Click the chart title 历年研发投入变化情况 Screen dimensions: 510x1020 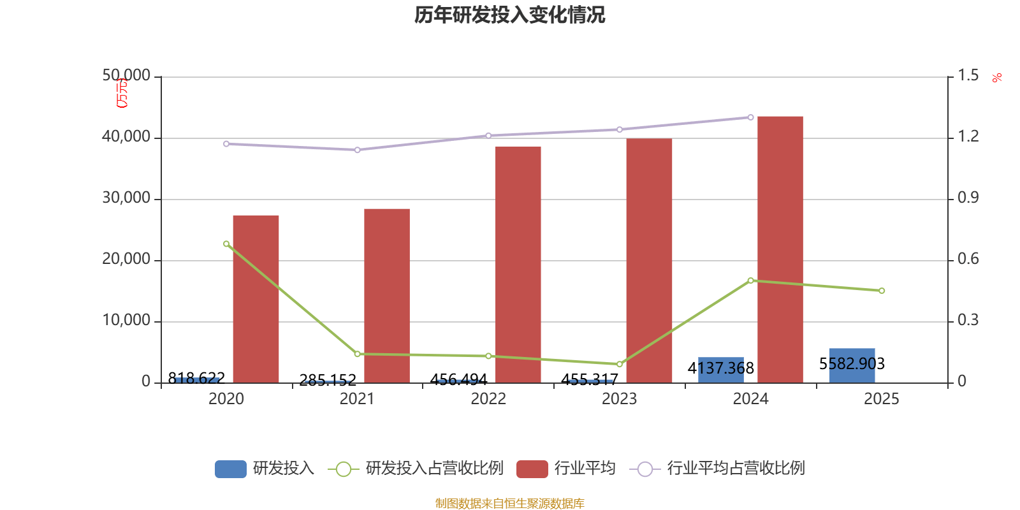point(509,15)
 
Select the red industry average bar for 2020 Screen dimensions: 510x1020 point(256,299)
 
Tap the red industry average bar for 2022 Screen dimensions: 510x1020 point(518,265)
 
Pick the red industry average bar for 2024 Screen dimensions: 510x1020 point(780,249)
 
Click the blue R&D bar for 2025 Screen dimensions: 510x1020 point(852,365)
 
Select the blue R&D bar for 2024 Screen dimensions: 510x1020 point(721,370)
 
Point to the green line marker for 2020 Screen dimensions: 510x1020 point(226,244)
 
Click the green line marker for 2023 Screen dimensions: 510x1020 point(620,364)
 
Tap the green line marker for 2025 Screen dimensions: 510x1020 point(882,291)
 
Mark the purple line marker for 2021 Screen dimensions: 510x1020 point(357,150)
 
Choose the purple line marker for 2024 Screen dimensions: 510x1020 point(750,117)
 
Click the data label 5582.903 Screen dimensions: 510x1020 point(852,363)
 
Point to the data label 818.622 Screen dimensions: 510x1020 point(196,378)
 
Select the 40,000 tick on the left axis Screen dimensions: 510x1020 point(126,137)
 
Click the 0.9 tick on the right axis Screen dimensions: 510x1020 point(968,198)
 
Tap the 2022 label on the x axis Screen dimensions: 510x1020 point(488,399)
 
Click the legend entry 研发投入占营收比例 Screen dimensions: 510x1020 point(433,469)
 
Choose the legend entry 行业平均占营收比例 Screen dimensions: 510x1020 point(736,469)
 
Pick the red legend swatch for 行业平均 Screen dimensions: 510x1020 point(532,469)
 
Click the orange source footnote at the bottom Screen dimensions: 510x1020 point(509,504)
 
